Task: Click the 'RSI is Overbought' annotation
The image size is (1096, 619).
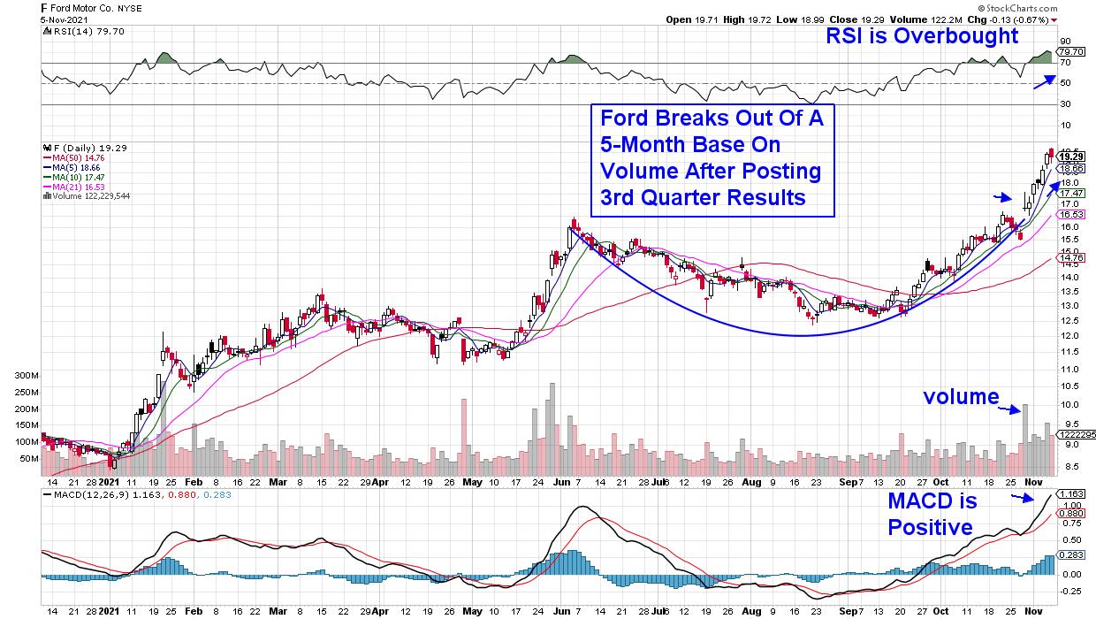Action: click(x=922, y=36)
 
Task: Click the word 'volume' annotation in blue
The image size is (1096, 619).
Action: click(x=961, y=397)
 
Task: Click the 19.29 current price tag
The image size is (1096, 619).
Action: click(x=1072, y=155)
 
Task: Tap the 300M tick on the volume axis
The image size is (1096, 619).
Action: click(x=29, y=375)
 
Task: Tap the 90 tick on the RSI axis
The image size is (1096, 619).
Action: click(x=1065, y=41)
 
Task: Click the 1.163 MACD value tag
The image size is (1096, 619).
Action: click(x=1072, y=494)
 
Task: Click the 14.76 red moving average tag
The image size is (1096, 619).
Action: click(x=1072, y=258)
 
